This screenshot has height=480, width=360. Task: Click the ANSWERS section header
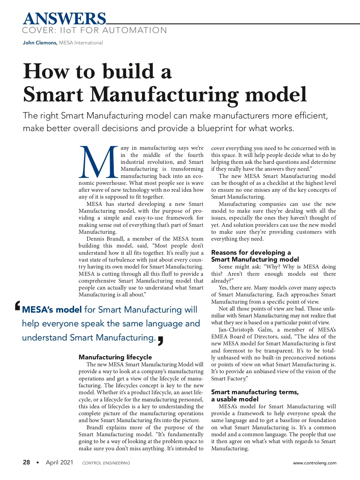click(64, 19)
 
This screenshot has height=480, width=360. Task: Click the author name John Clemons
click(40, 43)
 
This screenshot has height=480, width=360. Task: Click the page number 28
click(26, 462)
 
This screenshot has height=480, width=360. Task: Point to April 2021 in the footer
click(59, 462)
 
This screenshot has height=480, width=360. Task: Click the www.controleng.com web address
click(315, 463)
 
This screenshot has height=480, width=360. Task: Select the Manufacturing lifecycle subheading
click(115, 357)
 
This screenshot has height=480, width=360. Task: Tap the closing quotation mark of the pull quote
click(160, 341)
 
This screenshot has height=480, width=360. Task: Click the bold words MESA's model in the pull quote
click(52, 310)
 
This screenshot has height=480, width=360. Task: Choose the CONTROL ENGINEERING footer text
click(106, 463)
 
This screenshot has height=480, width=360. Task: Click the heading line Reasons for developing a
click(251, 252)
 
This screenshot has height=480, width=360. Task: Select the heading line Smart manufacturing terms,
click(255, 392)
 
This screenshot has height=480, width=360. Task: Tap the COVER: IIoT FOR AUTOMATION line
click(94, 30)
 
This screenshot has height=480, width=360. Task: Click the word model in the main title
click(276, 94)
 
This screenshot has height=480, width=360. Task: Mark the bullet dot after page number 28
click(37, 463)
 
